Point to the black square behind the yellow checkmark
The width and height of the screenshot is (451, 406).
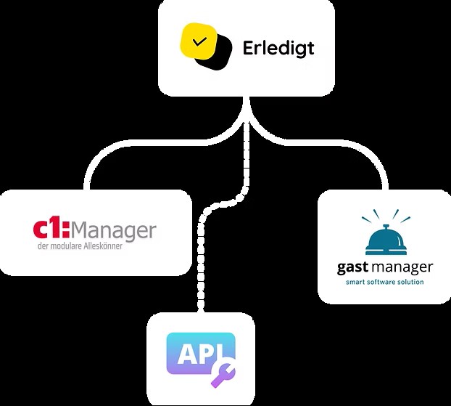click(219, 57)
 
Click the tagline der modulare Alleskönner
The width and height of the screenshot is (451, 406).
click(80, 247)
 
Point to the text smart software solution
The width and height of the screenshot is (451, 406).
click(385, 282)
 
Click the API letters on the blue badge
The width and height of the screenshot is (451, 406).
click(194, 354)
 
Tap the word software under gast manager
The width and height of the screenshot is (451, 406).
click(384, 282)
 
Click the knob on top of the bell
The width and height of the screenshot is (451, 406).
click(385, 223)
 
